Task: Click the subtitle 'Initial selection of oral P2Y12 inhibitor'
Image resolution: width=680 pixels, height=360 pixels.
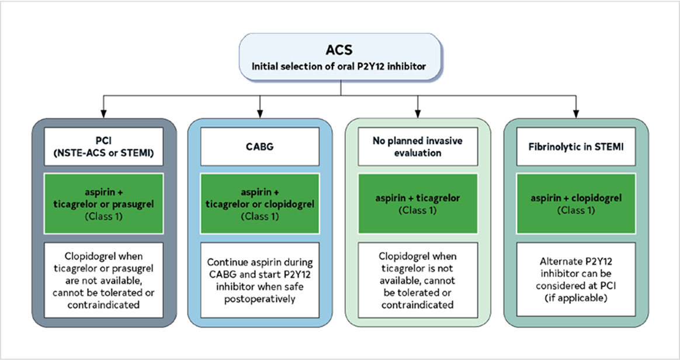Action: pyautogui.click(x=341, y=67)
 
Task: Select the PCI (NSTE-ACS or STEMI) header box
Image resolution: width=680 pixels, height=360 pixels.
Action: pyautogui.click(x=103, y=147)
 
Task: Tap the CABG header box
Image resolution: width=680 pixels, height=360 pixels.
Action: pyautogui.click(x=259, y=147)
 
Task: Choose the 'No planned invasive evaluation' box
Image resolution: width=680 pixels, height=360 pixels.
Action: pyautogui.click(x=417, y=147)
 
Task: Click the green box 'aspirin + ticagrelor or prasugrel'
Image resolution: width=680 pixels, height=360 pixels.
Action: pyautogui.click(x=103, y=203)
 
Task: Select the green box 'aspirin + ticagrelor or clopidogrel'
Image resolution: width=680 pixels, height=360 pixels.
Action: pyautogui.click(x=259, y=203)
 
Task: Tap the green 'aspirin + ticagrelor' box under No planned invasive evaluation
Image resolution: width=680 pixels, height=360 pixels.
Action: pyautogui.click(x=417, y=203)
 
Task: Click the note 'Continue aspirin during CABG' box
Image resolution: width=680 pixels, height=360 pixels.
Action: pyautogui.click(x=259, y=281)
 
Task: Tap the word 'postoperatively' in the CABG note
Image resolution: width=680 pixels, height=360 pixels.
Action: pyautogui.click(x=259, y=299)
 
